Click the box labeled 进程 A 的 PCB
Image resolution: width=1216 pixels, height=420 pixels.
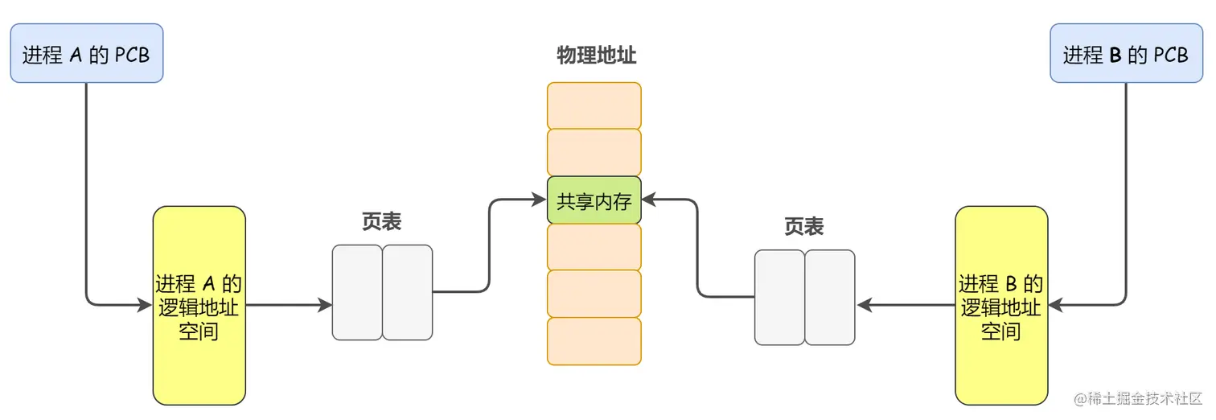(86, 54)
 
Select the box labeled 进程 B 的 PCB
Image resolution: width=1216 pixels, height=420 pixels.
(1125, 54)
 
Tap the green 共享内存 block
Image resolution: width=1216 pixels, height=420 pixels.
(594, 200)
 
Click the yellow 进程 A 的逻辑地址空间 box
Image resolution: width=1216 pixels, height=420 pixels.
(199, 306)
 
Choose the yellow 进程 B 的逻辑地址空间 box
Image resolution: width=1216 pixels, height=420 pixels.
(1001, 306)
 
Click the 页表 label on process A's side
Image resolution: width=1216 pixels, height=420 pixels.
(381, 223)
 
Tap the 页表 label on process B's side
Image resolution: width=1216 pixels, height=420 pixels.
(803, 228)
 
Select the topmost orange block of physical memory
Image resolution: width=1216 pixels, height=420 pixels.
(594, 105)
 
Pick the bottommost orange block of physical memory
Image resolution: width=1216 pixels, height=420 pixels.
(594, 341)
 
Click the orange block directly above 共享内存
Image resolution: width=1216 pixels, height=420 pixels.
(594, 152)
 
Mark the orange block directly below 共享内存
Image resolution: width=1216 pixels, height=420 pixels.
(594, 247)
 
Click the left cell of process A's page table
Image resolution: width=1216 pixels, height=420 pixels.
(357, 292)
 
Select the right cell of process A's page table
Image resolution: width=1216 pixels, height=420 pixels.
(408, 292)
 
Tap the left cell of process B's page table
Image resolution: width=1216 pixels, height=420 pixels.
(779, 297)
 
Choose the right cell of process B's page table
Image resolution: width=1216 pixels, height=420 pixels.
(830, 297)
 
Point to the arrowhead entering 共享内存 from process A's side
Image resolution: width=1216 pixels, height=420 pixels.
(540, 200)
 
